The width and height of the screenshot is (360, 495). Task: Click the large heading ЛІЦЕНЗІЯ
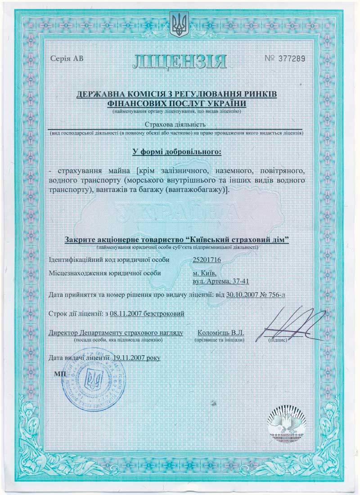pyautogui.click(x=179, y=62)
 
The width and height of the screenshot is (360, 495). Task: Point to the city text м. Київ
pyautogui.click(x=204, y=272)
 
